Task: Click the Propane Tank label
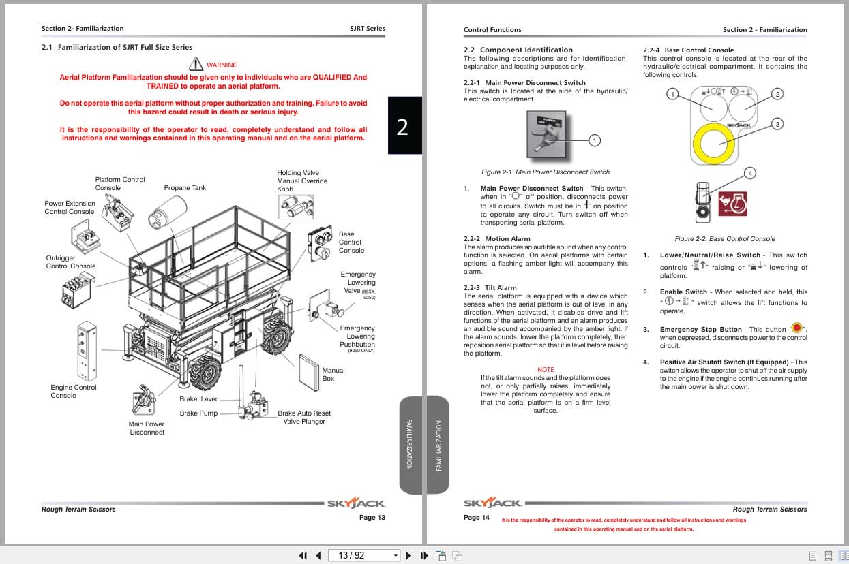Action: [185, 188]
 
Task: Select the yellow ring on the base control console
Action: [713, 144]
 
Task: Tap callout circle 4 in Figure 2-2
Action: [750, 173]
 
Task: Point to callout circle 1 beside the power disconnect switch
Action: [594, 140]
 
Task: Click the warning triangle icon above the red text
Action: [196, 65]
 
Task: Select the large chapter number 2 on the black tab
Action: [402, 127]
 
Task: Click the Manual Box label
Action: [333, 374]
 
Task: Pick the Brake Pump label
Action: [198, 413]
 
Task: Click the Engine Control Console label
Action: [74, 391]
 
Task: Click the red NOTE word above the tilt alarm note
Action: [546, 370]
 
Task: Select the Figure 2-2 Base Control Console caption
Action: [724, 239]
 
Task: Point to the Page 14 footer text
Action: [477, 518]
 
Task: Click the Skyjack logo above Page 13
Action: [356, 504]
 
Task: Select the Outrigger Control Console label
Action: [71, 262]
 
